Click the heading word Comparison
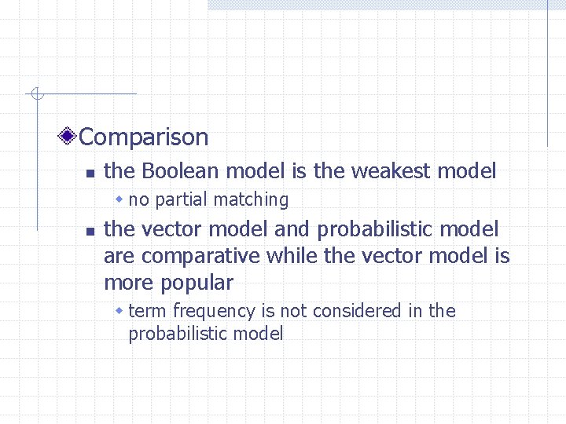pos(144,137)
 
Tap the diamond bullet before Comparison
pos(69,137)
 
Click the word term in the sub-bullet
pos(147,311)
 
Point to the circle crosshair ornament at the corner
pos(36,95)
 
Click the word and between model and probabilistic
pos(292,229)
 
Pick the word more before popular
pos(127,283)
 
